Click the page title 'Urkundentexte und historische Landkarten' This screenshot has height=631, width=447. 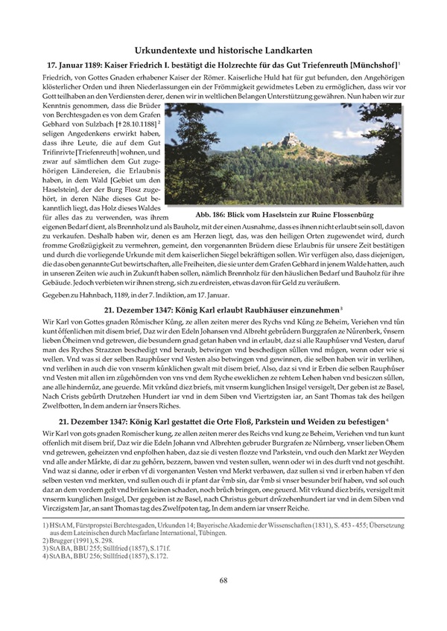223,49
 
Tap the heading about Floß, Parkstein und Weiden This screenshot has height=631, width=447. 223,422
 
